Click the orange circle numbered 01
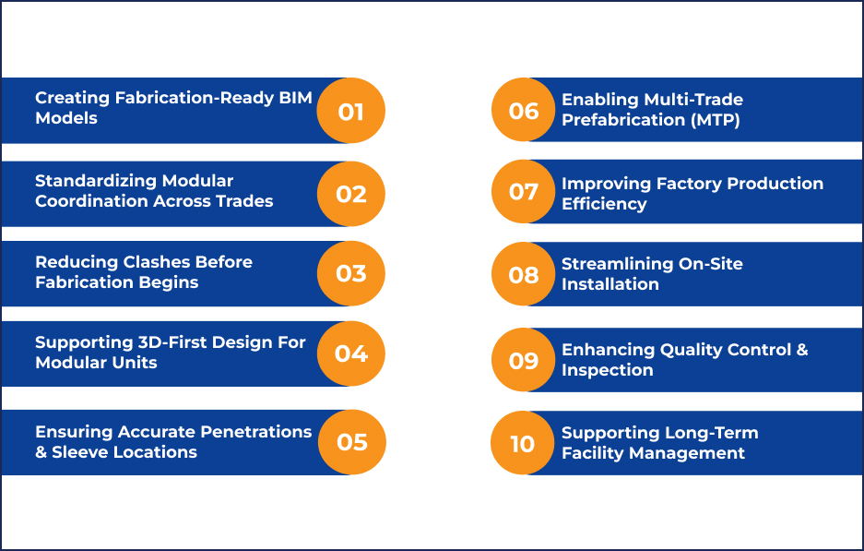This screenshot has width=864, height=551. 350,111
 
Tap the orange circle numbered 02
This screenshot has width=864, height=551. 351,193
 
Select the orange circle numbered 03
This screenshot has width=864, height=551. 351,274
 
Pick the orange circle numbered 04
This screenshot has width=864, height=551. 351,353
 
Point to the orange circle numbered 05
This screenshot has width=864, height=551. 351,441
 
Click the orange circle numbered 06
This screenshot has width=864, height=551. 524,111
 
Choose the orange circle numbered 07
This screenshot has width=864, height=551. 524,191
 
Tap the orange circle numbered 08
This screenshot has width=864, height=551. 524,274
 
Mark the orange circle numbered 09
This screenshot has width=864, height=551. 524,360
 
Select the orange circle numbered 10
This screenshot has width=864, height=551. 523,443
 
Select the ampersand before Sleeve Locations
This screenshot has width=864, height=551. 41,452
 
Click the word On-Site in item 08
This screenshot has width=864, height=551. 710,264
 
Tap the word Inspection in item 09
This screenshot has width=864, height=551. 607,370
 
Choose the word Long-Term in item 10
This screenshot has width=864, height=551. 711,433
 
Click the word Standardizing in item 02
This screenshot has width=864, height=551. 96,181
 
